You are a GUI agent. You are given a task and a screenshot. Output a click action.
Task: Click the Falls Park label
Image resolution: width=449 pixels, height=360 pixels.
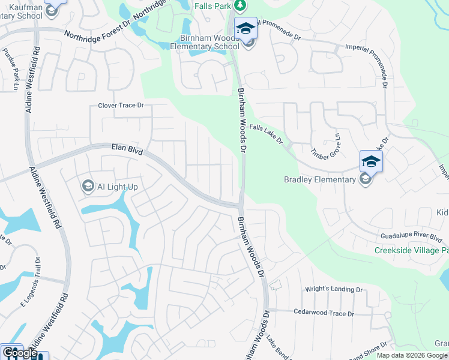point(212,5)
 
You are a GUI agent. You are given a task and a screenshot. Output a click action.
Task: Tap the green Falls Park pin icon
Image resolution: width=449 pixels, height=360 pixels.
point(241,5)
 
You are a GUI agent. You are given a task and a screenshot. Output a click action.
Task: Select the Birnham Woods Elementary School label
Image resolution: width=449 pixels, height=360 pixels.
point(205,41)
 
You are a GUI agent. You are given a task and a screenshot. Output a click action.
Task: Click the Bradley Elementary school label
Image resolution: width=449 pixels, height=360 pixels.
point(320,179)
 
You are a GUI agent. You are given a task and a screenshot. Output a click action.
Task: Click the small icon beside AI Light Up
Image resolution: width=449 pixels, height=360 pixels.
point(88,186)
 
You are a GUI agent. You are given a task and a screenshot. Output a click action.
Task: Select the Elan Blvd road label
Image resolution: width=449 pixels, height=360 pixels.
point(127,149)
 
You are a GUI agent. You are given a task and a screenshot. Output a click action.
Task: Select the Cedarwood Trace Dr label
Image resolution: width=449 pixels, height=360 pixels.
point(324,313)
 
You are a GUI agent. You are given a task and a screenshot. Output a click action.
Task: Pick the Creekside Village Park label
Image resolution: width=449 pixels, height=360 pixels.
point(411,250)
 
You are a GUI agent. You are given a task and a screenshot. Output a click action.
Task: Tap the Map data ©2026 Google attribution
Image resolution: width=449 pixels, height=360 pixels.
point(412,355)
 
